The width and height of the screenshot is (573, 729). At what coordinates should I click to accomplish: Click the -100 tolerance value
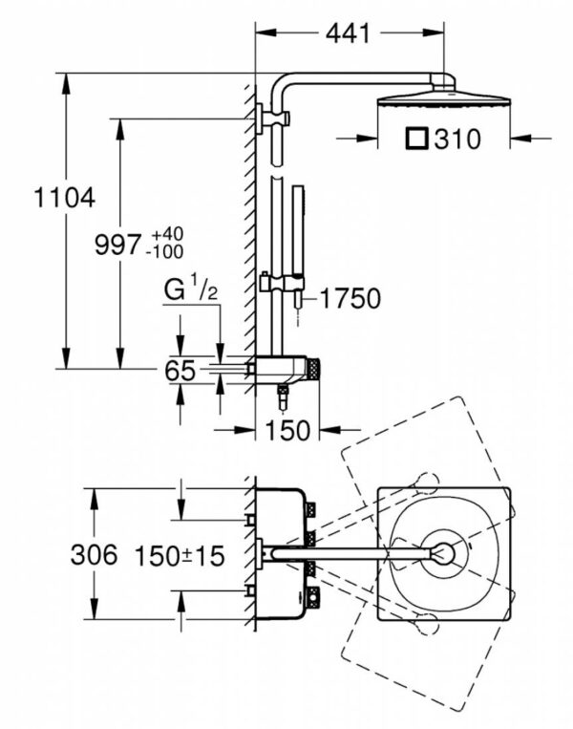[164, 252]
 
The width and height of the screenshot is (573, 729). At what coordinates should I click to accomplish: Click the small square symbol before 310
[415, 139]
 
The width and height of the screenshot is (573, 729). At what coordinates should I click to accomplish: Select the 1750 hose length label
[350, 298]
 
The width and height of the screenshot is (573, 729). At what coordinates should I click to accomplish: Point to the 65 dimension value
[180, 371]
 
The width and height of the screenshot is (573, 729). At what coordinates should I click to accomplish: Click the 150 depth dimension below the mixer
[288, 430]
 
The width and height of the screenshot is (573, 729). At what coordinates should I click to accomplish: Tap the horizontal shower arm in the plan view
[353, 551]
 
